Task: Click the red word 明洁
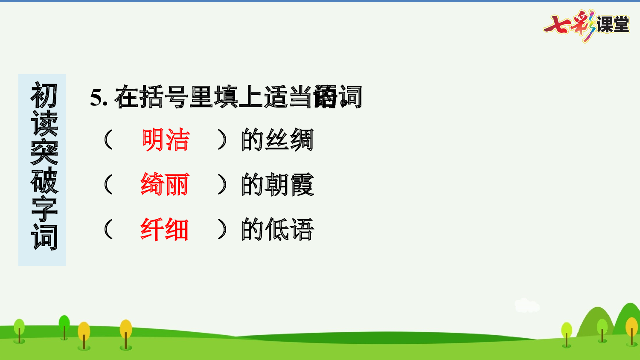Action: pos(166,140)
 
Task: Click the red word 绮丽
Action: pos(165,185)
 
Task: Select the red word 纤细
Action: pos(165,229)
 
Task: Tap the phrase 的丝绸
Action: pos(277,140)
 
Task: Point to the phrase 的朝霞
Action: pos(277,185)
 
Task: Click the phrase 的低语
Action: pos(277,229)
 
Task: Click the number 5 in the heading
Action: pos(96,98)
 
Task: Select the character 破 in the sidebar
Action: pos(44,180)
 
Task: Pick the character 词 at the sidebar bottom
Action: pos(44,237)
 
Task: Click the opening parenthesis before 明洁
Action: pos(108,140)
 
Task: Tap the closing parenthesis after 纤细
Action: pos(222,229)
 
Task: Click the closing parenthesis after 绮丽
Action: pos(222,185)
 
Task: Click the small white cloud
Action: pos(527,305)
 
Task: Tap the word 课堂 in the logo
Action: pos(613,24)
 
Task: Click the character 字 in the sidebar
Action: pos(44,209)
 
